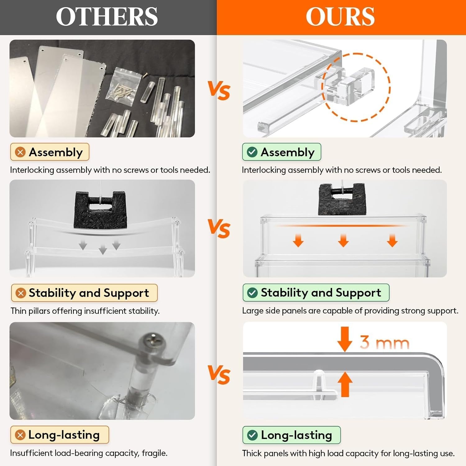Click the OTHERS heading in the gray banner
[x=107, y=17]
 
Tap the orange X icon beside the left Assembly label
[x=21, y=152]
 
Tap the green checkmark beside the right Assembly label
[x=252, y=152]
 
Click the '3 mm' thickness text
[x=385, y=342]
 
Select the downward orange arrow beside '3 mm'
[x=345, y=339]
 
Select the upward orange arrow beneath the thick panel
[x=345, y=385]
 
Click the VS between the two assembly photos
[x=219, y=91]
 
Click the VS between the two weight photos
[x=219, y=229]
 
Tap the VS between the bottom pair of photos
[x=219, y=374]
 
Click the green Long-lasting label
[x=291, y=435]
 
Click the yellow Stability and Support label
[x=84, y=293]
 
